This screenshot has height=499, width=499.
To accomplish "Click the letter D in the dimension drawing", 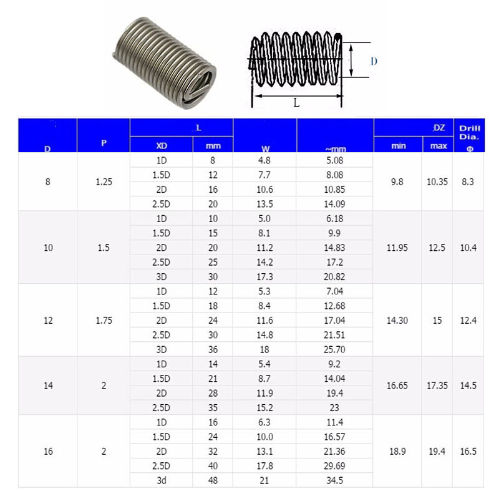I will (374, 61).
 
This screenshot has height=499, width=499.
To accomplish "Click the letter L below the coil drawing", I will (296, 103).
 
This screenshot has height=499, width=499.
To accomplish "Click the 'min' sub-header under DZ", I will (398, 146).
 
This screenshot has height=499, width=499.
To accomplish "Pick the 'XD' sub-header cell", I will (161, 146).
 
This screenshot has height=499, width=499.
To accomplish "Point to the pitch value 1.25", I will (104, 182).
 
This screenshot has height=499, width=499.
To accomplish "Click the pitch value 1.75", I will (104, 321).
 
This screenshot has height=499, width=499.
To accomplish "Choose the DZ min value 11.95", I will (397, 248).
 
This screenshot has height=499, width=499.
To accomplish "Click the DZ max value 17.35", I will (437, 385).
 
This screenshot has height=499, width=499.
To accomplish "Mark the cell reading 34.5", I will (335, 480).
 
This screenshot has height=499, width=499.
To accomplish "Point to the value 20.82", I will (335, 276).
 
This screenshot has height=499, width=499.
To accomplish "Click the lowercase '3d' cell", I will (161, 480).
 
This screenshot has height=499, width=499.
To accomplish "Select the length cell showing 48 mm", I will (213, 480).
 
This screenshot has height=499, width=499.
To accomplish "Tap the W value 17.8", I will (265, 466).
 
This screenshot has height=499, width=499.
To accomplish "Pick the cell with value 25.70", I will (335, 349).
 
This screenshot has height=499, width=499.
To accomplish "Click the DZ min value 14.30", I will (397, 321).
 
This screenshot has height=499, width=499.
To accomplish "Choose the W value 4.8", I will (265, 160).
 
